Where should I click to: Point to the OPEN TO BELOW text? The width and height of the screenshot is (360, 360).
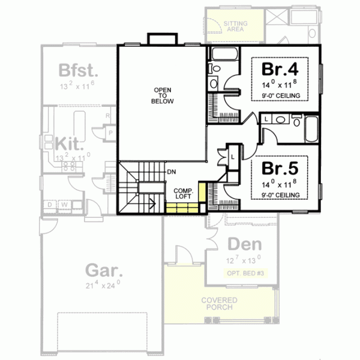[x=162, y=96]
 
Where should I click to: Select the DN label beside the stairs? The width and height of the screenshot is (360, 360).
[x=172, y=171]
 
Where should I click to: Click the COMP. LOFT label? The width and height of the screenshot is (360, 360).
[x=183, y=194]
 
